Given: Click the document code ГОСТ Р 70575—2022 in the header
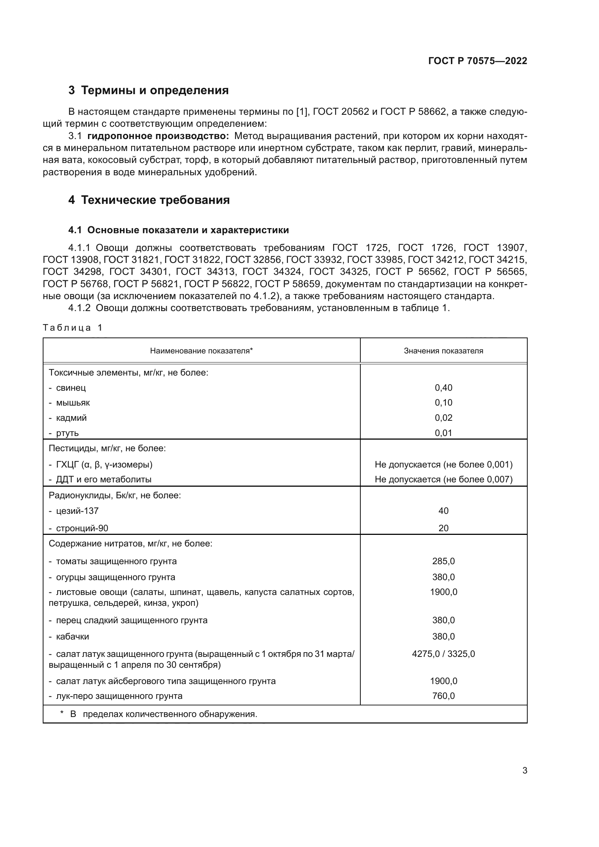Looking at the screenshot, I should pos(477,61).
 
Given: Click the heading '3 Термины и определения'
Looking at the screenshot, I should pos(148,91).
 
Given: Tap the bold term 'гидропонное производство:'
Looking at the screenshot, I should pos(158,136).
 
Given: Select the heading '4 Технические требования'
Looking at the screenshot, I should pos(149,200).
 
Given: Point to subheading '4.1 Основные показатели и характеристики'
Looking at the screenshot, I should pos(179,230).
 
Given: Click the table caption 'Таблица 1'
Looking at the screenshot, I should pos(73,328).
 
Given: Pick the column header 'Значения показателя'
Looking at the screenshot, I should pos(443,351).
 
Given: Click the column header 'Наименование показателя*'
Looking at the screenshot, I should pos(201,351).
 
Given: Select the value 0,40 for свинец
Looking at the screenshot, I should pos(443,388).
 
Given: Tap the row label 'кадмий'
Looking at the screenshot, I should pos(71,418).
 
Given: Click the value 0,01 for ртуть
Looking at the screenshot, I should pos(443,433).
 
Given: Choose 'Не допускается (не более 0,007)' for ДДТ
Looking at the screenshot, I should pos(443,479).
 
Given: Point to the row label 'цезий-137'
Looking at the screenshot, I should pos(77,511).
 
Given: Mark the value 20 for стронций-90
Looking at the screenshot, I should pos(443,528).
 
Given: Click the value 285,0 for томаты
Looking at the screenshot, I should pos(443,562).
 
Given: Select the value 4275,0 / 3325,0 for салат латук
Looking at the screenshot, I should pos(443,654).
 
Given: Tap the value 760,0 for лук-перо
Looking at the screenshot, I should pos(443,696).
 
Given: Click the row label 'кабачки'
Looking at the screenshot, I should pos(72,637).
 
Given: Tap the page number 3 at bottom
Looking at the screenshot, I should pos(524,771).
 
